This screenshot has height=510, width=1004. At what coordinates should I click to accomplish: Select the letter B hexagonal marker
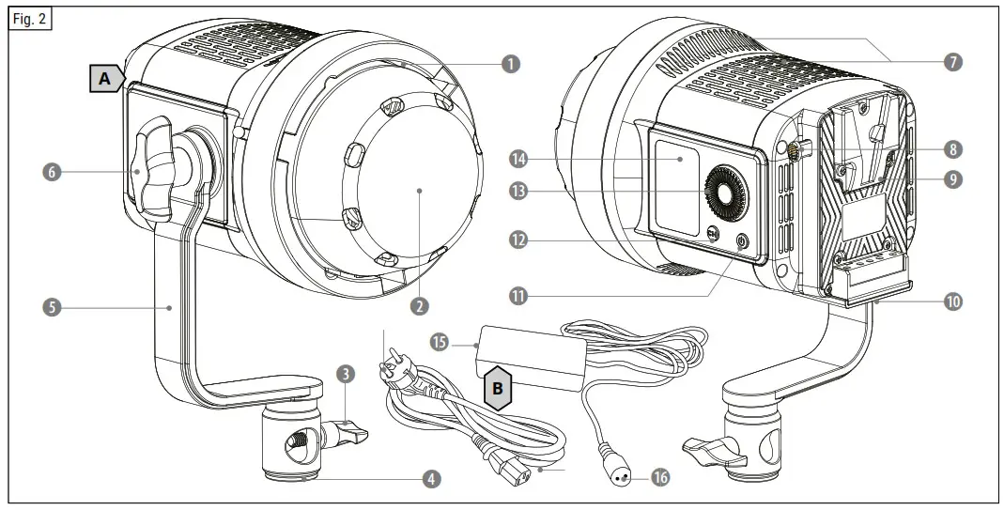tap(498, 388)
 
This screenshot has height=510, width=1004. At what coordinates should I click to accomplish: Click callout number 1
tap(510, 64)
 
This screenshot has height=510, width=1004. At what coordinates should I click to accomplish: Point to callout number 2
tap(419, 305)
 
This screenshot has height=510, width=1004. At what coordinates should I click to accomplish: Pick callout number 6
tap(54, 172)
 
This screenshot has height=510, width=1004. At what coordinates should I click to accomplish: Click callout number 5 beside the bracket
tap(54, 307)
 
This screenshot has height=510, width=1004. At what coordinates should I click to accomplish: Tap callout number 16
tap(660, 478)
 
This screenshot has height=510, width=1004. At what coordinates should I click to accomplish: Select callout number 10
tap(954, 301)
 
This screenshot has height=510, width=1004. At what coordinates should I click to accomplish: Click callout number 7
tap(953, 63)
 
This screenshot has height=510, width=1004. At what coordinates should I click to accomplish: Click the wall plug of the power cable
tap(395, 368)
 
